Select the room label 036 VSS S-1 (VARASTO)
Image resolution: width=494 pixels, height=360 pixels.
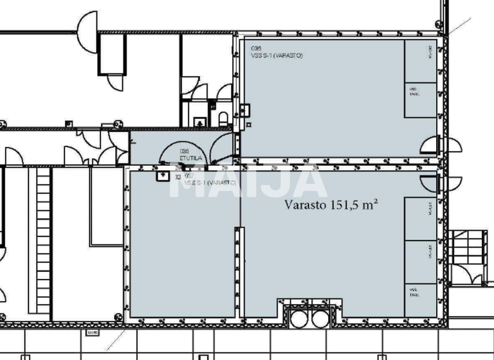click(277, 52)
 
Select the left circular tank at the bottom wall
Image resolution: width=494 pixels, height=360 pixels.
click(300, 318)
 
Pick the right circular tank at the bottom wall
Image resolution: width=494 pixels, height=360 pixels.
click(320, 318)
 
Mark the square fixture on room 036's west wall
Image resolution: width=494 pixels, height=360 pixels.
click(244, 110)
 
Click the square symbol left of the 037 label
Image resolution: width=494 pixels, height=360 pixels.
click(162, 174)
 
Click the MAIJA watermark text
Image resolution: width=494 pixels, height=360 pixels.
click(247, 182)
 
